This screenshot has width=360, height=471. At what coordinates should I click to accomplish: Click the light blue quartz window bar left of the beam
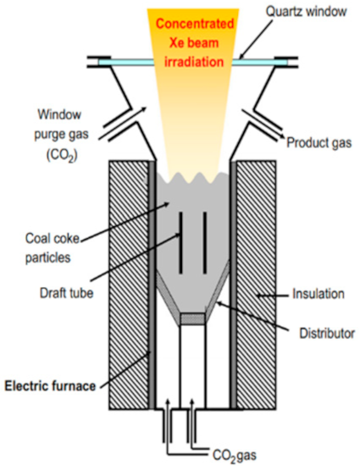pos(123,61)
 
